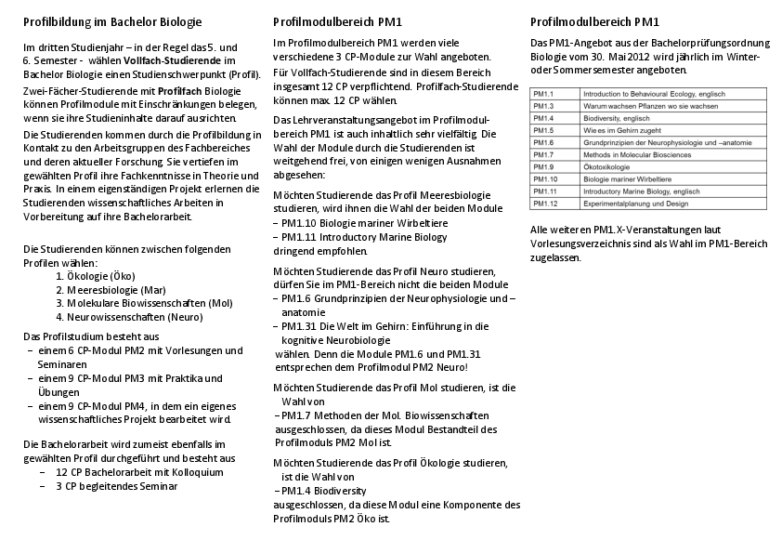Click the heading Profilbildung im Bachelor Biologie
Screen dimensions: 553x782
(x=112, y=21)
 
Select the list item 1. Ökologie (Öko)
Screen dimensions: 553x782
(x=96, y=276)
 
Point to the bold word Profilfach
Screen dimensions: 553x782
(x=179, y=90)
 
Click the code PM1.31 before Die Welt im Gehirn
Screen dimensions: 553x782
(x=299, y=326)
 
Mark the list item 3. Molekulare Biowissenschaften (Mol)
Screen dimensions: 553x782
(x=144, y=303)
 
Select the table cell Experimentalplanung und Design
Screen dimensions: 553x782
(x=636, y=203)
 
